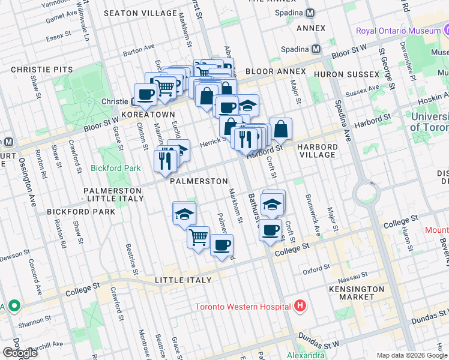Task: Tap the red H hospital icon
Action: pyautogui.click(x=301, y=307)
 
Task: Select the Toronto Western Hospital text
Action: pyautogui.click(x=244, y=307)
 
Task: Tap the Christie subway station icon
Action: pyautogui.click(x=136, y=101)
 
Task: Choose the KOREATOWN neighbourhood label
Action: pyautogui.click(x=148, y=114)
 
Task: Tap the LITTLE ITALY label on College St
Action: pyautogui.click(x=183, y=280)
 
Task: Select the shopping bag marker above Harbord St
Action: pyautogui.click(x=280, y=127)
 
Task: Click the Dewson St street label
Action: pyautogui.click(x=13, y=254)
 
